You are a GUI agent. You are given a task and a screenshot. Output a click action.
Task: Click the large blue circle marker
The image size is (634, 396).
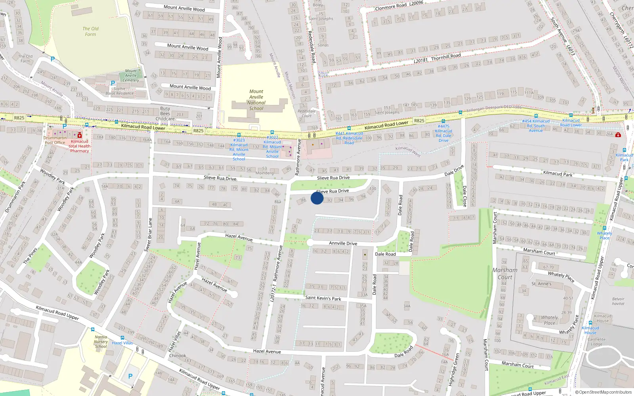pos(317,198)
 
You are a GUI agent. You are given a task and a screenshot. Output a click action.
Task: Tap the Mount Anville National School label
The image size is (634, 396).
pos(256,100)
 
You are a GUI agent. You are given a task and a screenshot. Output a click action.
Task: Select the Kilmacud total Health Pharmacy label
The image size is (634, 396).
pos(80,146)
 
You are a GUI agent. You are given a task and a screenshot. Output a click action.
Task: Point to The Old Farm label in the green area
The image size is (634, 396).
pos(90,31)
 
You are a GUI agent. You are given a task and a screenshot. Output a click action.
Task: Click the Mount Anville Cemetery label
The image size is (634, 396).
pos(131,75)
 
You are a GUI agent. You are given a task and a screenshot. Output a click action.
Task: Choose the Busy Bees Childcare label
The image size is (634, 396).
pos(165,114)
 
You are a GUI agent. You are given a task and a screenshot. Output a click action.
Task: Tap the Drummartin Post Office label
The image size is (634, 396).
pos(55,140)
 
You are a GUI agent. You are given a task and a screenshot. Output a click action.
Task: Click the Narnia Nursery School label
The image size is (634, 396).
pos(101,341)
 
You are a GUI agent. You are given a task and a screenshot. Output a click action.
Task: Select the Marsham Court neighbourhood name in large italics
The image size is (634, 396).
pos(505,273)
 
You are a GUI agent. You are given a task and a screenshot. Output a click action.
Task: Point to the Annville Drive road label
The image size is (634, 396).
pos(343,244)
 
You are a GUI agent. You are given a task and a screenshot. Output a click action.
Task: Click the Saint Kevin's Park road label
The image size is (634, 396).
pos(323,298)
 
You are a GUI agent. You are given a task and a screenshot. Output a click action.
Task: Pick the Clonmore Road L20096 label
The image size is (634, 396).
pos(399,6)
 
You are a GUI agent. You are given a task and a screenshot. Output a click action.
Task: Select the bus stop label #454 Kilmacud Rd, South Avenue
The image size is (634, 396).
pos(536,126)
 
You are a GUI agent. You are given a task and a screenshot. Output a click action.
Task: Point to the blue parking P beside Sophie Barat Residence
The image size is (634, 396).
pos(113,83)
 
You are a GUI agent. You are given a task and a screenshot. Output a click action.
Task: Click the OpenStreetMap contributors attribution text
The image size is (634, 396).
pos(603,392)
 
